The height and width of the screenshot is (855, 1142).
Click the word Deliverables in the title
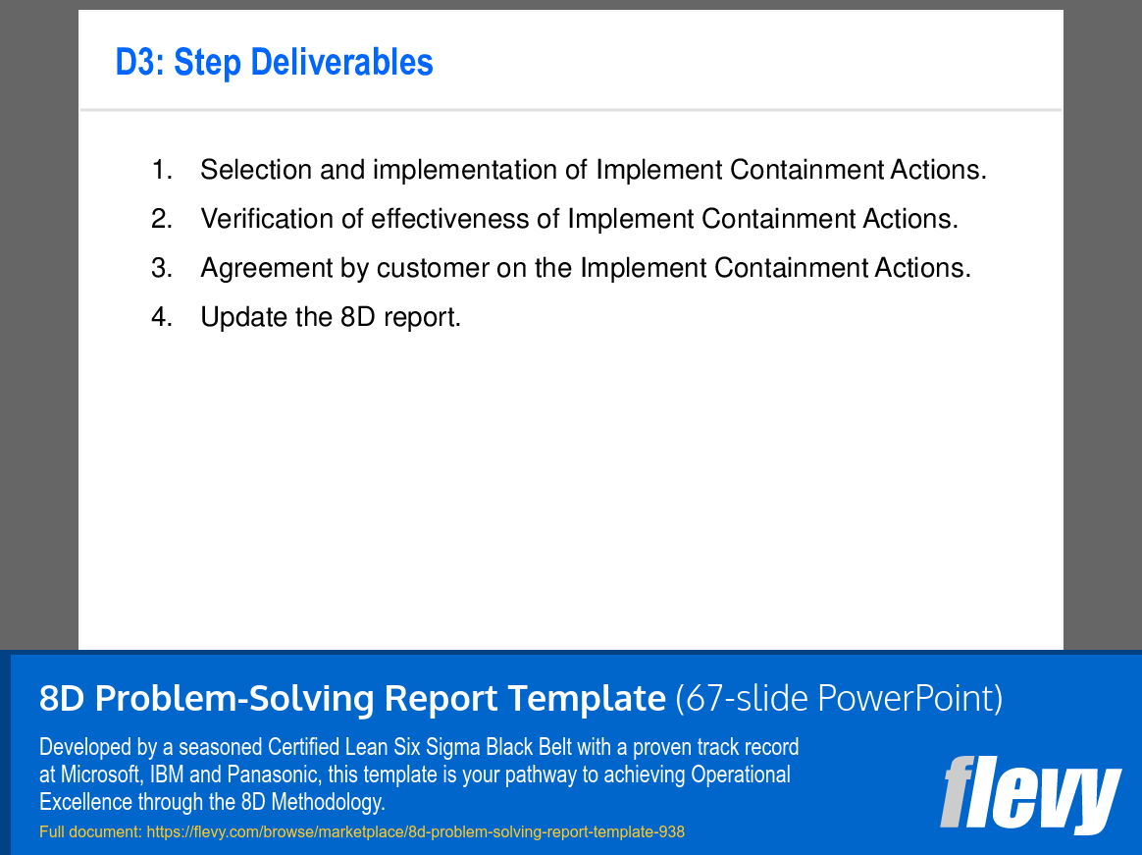(x=341, y=62)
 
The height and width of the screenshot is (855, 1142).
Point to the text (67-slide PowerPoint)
(x=839, y=698)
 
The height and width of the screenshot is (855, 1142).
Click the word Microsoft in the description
(x=101, y=775)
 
